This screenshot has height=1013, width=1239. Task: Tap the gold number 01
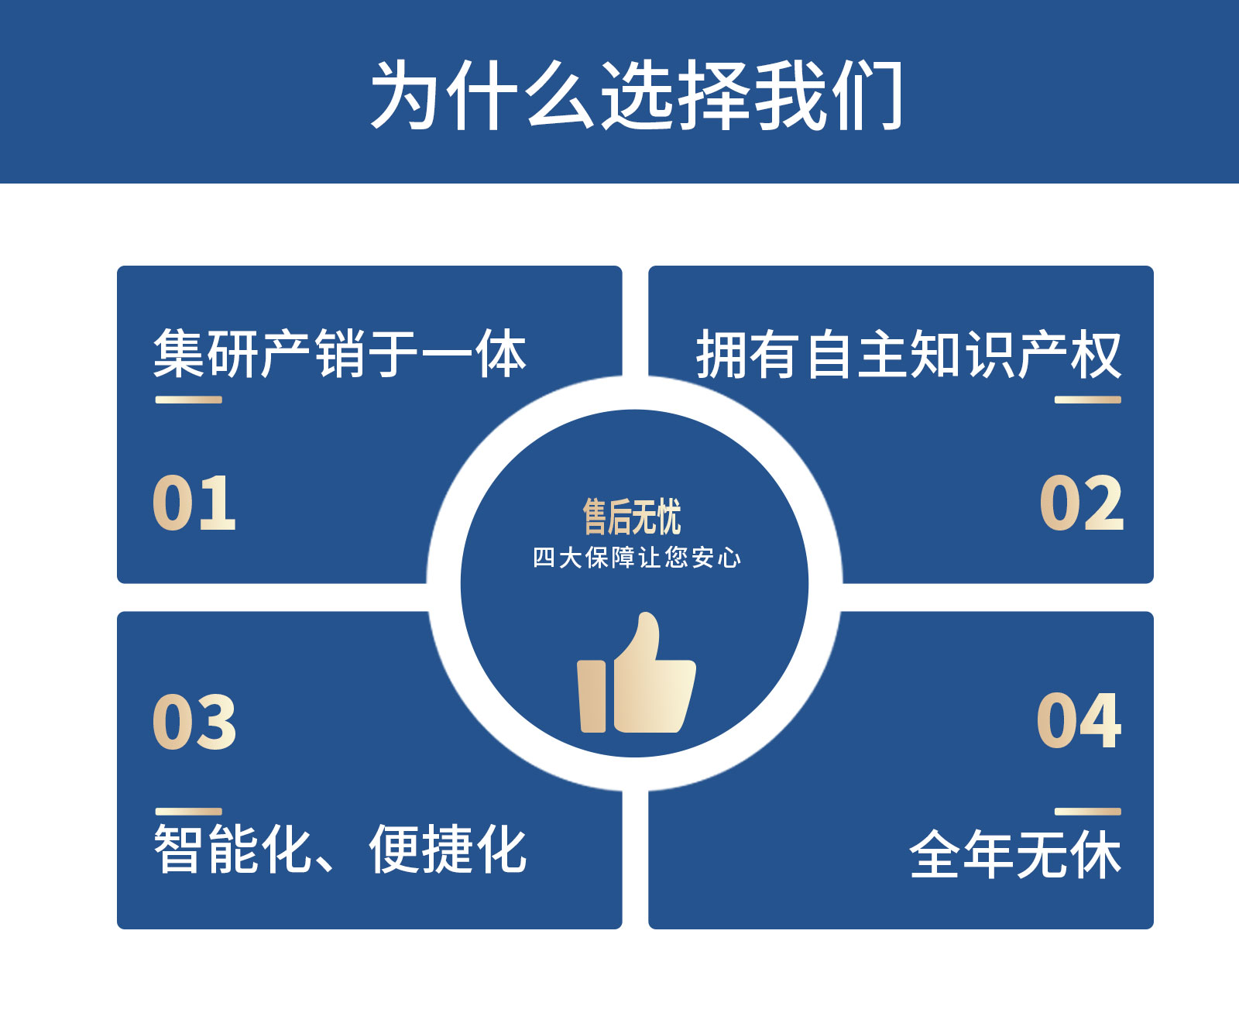[194, 503]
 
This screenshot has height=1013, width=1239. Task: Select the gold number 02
[1082, 503]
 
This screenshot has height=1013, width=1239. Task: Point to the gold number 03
[194, 722]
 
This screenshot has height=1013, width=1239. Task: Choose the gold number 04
[1079, 720]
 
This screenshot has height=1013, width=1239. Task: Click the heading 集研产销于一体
[340, 353]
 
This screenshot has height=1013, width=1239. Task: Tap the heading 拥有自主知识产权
[909, 354]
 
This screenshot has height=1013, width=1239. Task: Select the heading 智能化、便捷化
[340, 849]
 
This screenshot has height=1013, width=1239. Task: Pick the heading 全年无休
[1016, 854]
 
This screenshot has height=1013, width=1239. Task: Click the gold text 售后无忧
[632, 517]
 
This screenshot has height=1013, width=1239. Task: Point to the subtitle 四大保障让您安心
[637, 558]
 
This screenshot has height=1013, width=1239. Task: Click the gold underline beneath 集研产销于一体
[189, 400]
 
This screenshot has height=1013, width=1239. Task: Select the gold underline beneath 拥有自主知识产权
[1088, 400]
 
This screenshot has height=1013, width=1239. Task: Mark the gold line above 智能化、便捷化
[189, 812]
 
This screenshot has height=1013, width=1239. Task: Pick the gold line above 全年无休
[1088, 812]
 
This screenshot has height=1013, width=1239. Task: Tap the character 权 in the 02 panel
[1097, 354]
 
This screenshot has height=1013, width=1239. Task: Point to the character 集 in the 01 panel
[179, 353]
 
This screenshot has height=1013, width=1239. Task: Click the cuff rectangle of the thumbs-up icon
[592, 697]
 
